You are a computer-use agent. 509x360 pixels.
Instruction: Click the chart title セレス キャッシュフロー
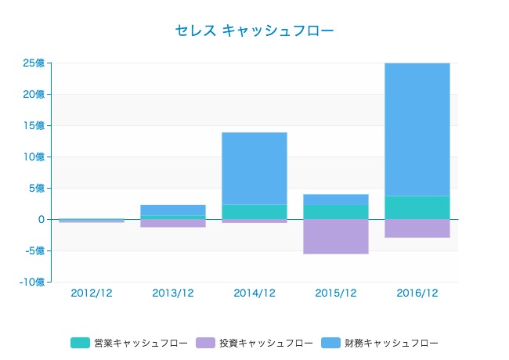pos(254,31)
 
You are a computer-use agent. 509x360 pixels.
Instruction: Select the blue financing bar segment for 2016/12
pos(417,129)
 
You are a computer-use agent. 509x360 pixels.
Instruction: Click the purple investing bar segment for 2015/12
pos(336,236)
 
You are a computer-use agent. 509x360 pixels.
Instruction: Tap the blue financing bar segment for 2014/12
pos(254,168)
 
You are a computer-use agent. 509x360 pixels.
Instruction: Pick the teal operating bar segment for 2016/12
pos(417,207)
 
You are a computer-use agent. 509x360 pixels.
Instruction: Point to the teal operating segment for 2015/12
pos(336,212)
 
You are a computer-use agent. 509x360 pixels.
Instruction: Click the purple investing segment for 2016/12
pos(417,228)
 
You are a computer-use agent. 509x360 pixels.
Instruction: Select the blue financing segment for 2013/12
pos(173,210)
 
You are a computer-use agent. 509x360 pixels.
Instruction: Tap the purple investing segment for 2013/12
pos(173,223)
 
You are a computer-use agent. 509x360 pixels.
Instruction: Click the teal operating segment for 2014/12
pos(254,211)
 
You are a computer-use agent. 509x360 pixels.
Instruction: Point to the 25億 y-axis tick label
pos(34,63)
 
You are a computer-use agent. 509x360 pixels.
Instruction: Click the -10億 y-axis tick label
pos(32,282)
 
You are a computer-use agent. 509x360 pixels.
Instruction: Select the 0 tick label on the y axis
pos(40,219)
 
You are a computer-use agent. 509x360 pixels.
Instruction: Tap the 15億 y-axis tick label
pos(34,125)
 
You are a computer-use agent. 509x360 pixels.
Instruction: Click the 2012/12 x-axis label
pos(92,293)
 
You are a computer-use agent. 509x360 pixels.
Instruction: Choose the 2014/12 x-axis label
pos(254,293)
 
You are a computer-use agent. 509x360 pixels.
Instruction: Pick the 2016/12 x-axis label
pos(417,293)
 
